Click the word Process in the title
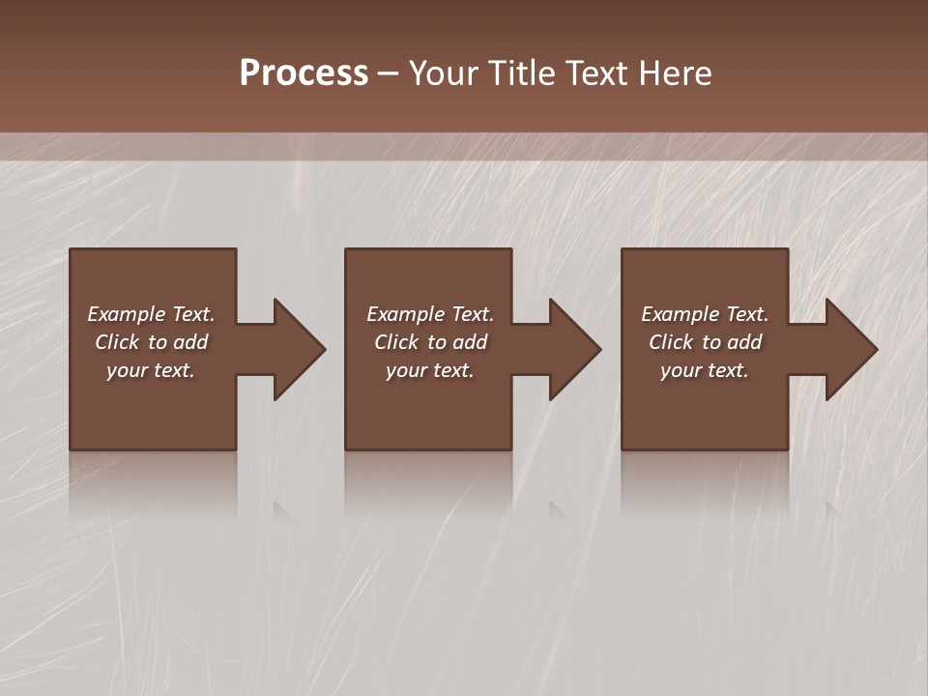tap(304, 73)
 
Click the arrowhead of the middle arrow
tap(574, 349)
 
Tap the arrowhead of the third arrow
tap(851, 349)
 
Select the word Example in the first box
tap(127, 314)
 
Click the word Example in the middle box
tap(406, 314)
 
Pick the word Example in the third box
tap(681, 314)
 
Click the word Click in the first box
tap(117, 342)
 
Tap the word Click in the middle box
tap(396, 342)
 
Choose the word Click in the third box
tap(671, 342)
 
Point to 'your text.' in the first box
tap(151, 370)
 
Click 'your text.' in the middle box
tap(430, 370)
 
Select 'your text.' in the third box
tap(705, 370)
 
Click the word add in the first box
tap(191, 342)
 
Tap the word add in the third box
tap(745, 342)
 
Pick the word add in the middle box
tap(471, 342)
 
